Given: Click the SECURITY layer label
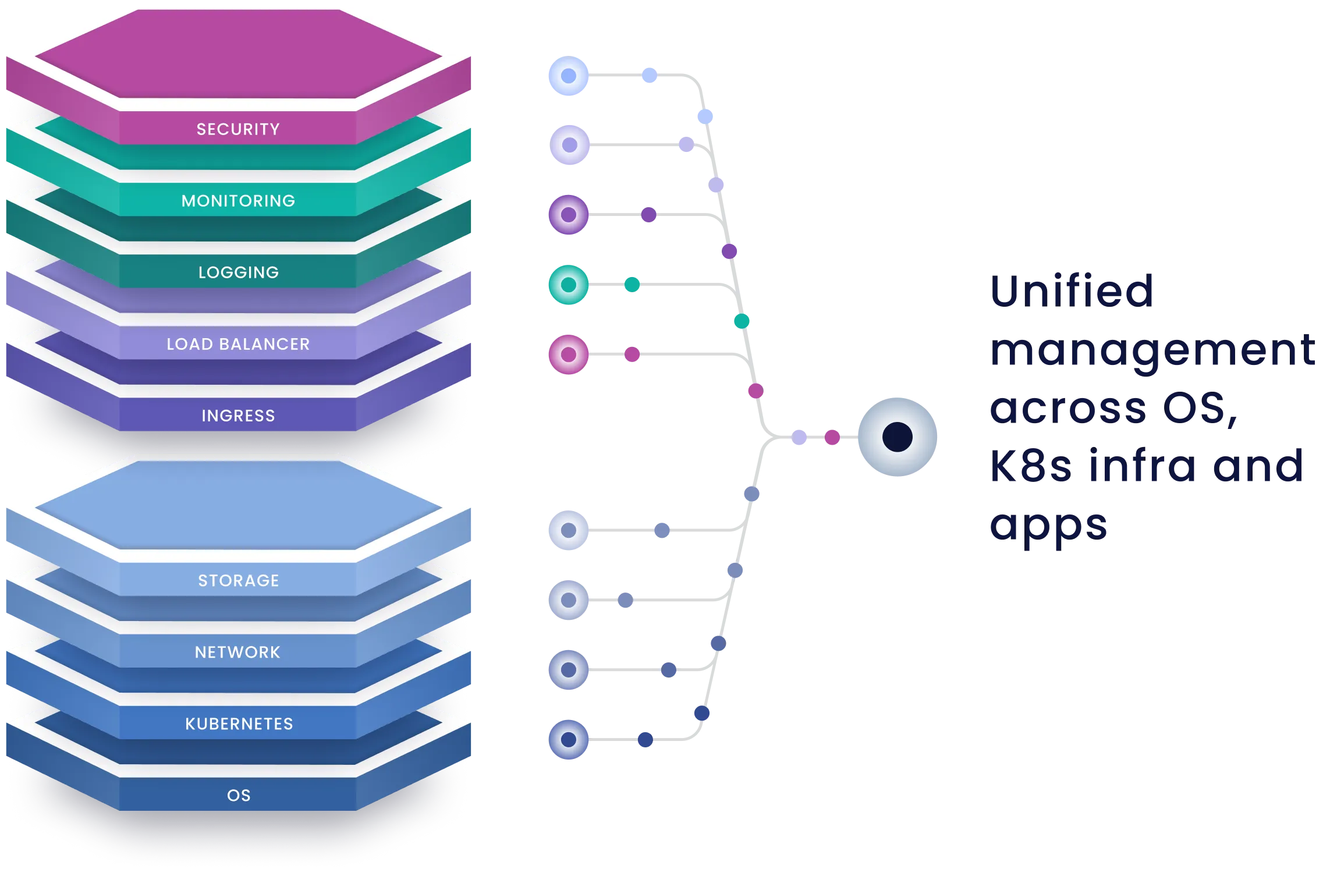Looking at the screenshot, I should coord(238,129).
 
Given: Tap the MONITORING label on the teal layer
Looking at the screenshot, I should coord(238,201).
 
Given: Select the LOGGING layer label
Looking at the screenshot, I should coord(238,272).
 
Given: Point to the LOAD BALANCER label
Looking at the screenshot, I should coord(238,344).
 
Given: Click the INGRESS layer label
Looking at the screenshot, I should coord(238,416).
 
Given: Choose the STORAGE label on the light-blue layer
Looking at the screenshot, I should coord(238,580).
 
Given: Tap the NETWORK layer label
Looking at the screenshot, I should coord(238,652).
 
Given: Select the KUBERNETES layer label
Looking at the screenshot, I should coord(239,723).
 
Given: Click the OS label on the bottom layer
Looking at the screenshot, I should coord(239,795).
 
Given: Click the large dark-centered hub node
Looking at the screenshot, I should coord(897,437).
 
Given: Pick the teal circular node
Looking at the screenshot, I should coord(568,285).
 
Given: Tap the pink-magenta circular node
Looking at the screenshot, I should coord(568,354).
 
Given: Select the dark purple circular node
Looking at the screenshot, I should coord(568,214).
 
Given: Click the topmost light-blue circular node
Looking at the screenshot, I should coord(568,76).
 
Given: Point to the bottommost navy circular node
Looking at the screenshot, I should coord(568,740).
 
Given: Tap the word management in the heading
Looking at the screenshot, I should coord(1152,350).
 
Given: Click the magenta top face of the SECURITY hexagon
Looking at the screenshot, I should coord(238,55).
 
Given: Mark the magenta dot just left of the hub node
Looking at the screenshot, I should coord(832,437).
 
